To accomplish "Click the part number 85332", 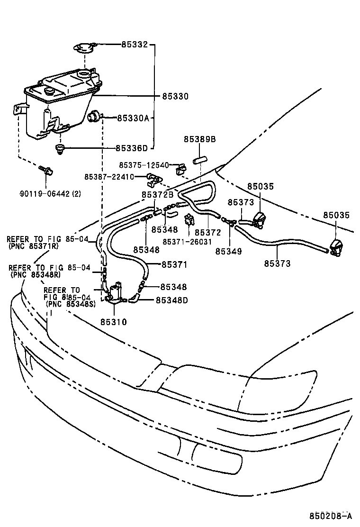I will click(x=135, y=45).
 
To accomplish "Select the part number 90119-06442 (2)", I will click(x=50, y=193).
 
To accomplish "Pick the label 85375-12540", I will click(x=144, y=165).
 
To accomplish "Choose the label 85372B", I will click(x=157, y=194).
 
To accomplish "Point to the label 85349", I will click(x=228, y=251).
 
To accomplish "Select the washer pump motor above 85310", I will click(x=114, y=292).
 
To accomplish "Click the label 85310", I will click(x=113, y=322).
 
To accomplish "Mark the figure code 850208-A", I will click(x=331, y=516).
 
